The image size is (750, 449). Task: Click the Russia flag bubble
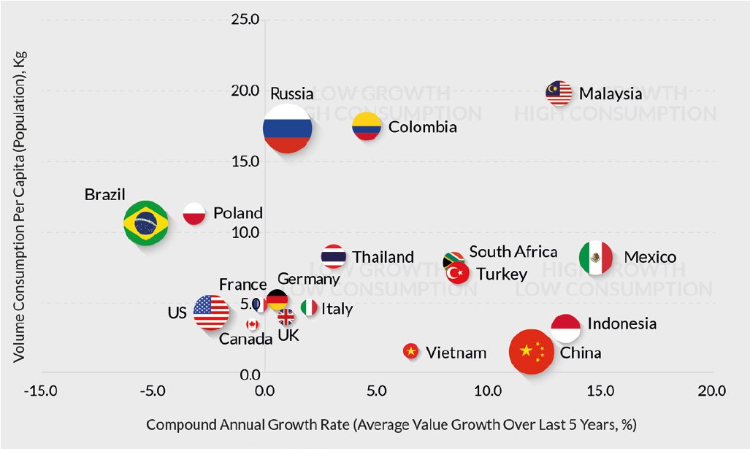[x=288, y=128]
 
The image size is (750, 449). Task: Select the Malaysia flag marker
[x=559, y=92]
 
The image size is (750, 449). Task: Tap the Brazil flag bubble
[x=146, y=223]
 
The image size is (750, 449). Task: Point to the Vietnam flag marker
[x=411, y=352]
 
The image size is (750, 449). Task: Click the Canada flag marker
[x=252, y=324]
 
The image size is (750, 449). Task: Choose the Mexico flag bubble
[x=595, y=257]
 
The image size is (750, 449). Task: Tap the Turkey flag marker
[x=458, y=274]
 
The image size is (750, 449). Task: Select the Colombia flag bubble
[x=367, y=127]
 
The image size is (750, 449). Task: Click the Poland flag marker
[x=194, y=214]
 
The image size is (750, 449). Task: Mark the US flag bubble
[x=211, y=312]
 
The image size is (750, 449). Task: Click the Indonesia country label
[x=621, y=323]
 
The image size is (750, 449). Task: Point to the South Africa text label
[x=513, y=252]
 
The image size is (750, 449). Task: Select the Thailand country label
[x=383, y=257]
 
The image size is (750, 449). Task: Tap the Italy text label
[x=337, y=309]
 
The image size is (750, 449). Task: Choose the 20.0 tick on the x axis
[x=711, y=391]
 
